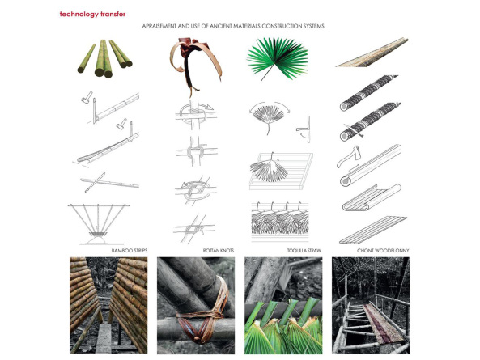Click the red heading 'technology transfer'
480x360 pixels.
click(x=92, y=15)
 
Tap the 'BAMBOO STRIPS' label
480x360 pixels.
click(x=130, y=251)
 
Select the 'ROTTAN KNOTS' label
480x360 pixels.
click(x=219, y=251)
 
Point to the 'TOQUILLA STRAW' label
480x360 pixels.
click(x=304, y=251)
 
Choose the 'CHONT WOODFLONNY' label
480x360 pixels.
click(x=383, y=251)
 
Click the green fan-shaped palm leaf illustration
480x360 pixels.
click(x=278, y=59)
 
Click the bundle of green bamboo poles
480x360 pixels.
click(x=104, y=58)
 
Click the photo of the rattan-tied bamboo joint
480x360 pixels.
click(x=196, y=306)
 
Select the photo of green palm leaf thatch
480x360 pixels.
click(x=283, y=306)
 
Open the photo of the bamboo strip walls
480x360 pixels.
click(x=108, y=305)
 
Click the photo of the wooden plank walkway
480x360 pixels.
click(x=371, y=306)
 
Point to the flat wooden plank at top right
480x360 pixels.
click(x=372, y=53)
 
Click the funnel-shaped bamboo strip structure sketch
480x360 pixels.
click(x=98, y=224)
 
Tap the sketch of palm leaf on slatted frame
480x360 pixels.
click(x=281, y=171)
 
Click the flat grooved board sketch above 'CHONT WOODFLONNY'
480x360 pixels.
click(x=373, y=230)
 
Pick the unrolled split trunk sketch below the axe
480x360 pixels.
click(x=372, y=198)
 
